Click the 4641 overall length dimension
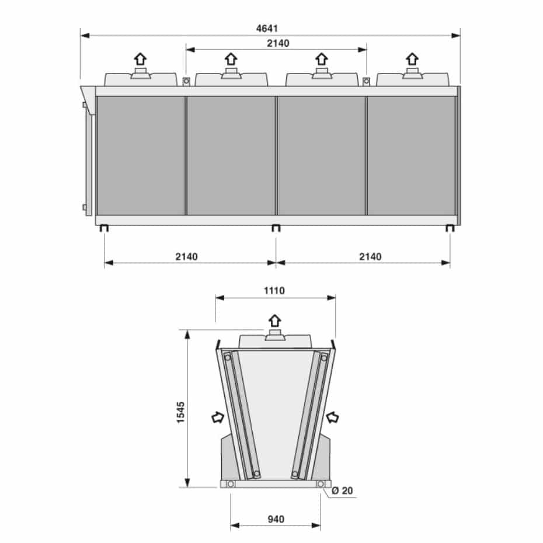[267, 29]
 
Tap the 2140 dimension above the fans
[278, 43]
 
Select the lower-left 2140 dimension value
[186, 256]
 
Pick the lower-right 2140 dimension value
[370, 256]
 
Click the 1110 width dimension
[274, 291]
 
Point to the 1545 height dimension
[181, 412]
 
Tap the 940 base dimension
[276, 519]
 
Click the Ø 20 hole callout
[342, 490]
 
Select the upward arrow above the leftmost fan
[140, 59]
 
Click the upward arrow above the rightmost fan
[412, 59]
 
